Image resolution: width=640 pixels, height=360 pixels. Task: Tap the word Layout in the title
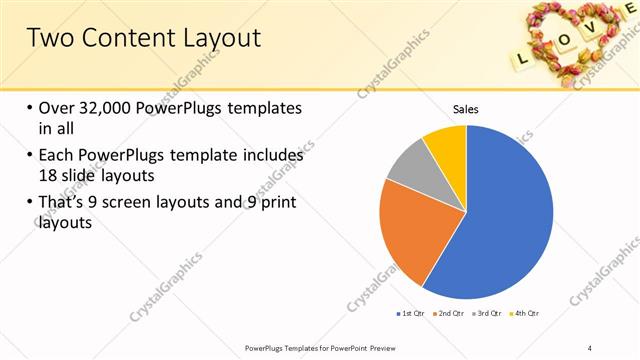tap(215, 38)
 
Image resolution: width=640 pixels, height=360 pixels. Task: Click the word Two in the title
tap(47, 38)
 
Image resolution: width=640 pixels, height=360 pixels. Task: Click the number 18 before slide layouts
tap(48, 174)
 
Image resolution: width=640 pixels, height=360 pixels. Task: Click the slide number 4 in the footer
tap(590, 347)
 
